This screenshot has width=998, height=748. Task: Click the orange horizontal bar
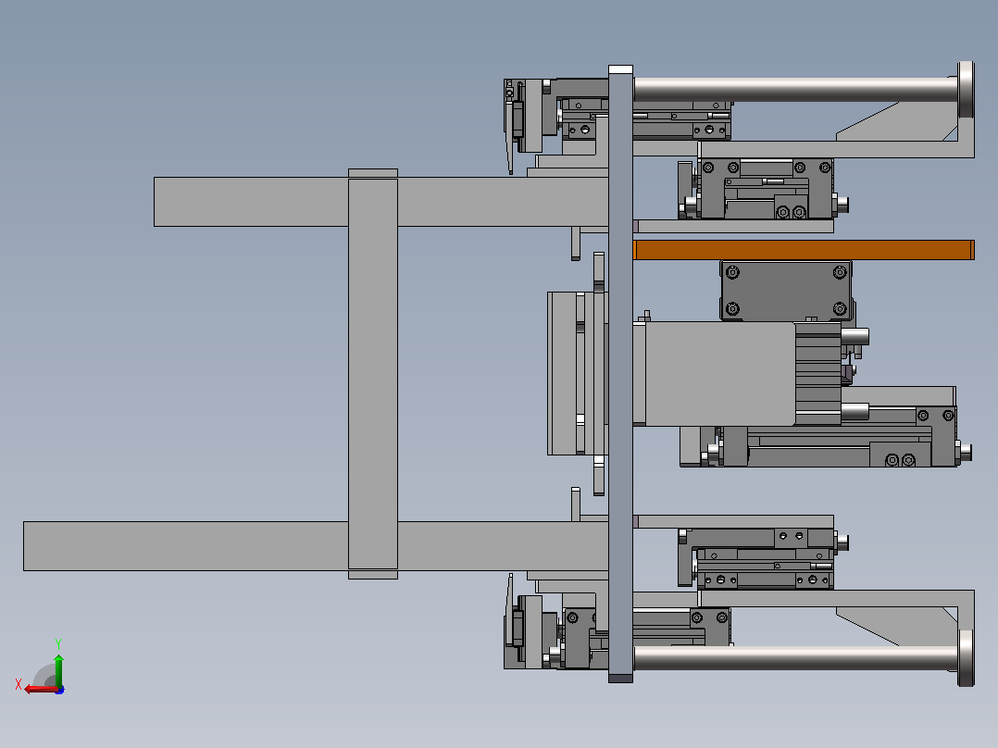click(804, 250)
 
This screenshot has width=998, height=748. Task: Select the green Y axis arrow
click(58, 668)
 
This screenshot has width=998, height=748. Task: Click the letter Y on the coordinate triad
click(58, 643)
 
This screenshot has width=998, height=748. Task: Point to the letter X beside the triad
click(19, 684)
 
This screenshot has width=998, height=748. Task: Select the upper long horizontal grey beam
click(380, 202)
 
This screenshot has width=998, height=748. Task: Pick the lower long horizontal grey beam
click(316, 546)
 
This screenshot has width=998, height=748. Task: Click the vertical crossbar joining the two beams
click(373, 374)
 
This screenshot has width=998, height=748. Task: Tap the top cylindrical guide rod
click(795, 89)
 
